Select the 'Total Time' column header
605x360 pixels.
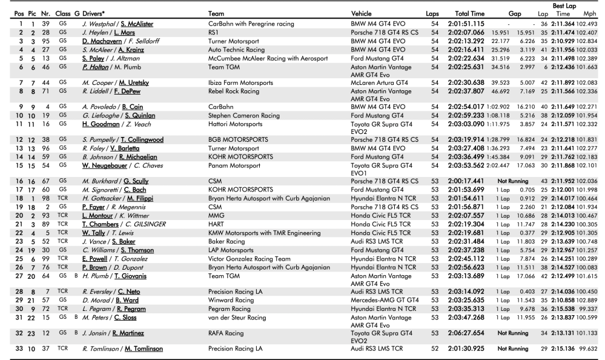464,13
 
